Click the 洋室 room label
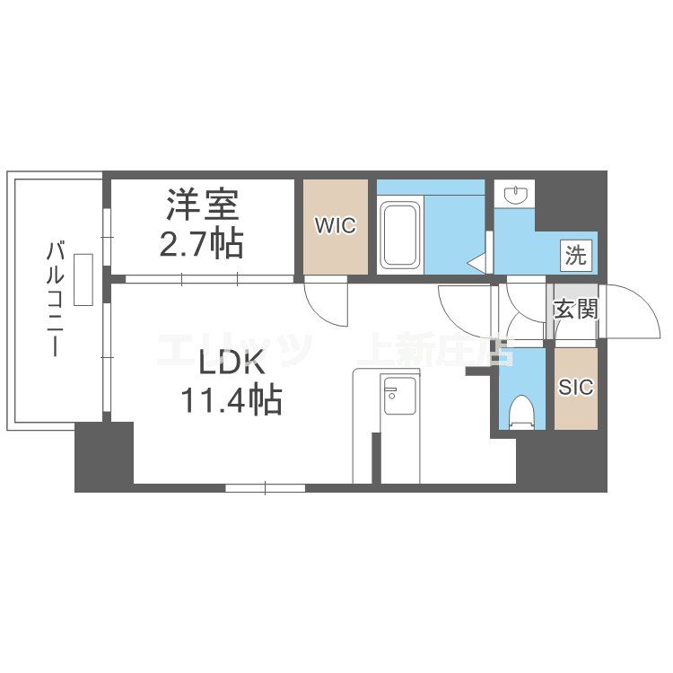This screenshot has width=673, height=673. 202,206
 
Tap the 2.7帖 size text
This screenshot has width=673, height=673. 202,243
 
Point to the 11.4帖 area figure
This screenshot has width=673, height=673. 232,398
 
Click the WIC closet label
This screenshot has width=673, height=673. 335,225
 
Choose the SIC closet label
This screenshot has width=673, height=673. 576,387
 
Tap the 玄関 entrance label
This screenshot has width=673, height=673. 575,310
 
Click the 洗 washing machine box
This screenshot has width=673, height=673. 576,255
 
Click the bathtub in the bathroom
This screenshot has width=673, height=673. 400,235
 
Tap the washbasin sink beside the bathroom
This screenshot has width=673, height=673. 515,195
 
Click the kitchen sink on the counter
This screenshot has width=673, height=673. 395,395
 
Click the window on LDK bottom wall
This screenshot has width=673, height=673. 265,488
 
